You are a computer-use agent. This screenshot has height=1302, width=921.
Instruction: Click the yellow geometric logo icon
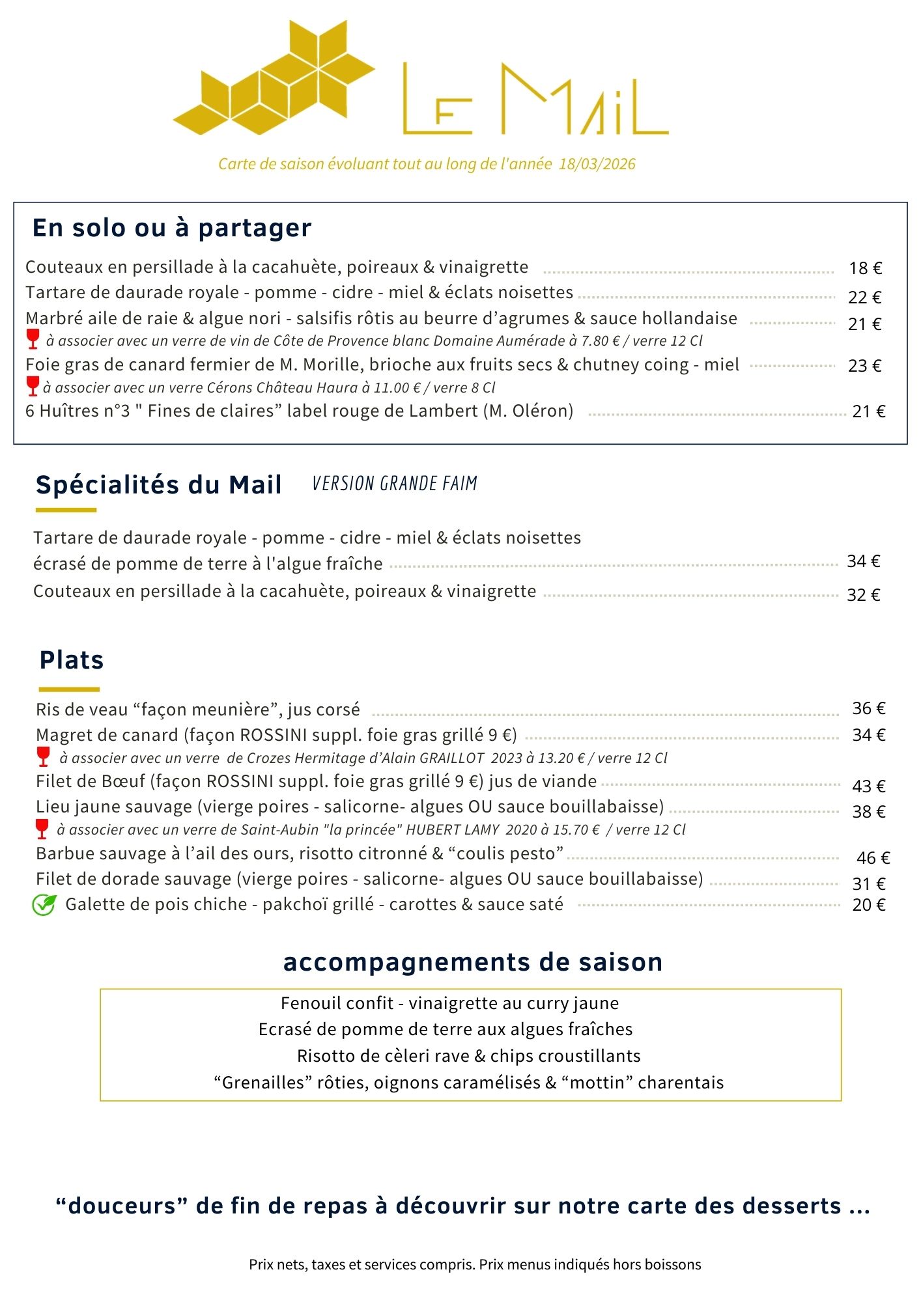(x=274, y=78)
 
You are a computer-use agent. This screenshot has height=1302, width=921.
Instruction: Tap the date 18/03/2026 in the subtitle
(x=597, y=164)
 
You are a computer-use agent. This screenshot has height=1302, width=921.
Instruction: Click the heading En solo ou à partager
(x=172, y=228)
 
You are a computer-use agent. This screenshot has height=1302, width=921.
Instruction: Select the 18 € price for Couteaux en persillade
(x=865, y=268)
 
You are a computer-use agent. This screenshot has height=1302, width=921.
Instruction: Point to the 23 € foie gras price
(x=864, y=366)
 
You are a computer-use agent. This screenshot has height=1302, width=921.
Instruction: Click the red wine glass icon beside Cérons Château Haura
(x=33, y=386)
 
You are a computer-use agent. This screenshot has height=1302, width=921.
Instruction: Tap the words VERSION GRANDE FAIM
(x=395, y=484)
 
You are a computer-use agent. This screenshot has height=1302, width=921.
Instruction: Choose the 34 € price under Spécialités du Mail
(x=863, y=561)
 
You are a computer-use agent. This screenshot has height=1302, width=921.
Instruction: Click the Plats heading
(x=72, y=660)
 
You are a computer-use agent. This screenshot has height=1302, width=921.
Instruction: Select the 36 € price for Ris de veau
(x=869, y=708)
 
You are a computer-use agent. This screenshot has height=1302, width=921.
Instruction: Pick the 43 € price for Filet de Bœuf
(x=869, y=786)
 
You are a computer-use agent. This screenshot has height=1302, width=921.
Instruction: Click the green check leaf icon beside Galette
(x=44, y=905)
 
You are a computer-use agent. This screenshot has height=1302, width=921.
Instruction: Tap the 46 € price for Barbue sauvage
(x=873, y=858)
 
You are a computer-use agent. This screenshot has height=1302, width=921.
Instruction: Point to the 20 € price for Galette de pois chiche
(x=869, y=905)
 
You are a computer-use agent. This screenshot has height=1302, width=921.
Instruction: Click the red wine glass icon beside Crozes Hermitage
(x=43, y=756)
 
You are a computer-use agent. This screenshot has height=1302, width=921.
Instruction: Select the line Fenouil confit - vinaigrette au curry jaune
(x=449, y=1003)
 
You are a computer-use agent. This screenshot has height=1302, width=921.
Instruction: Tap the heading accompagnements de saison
(x=473, y=962)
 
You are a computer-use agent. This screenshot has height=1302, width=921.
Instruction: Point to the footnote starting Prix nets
(x=475, y=1264)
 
